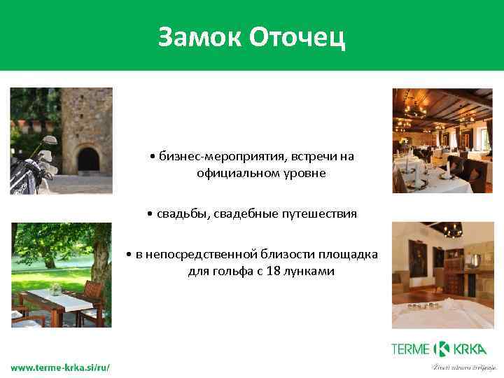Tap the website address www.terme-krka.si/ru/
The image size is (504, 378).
click(60, 367)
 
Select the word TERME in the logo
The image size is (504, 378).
click(411, 349)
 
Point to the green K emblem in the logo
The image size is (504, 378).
click(442, 349)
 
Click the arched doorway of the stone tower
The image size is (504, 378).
click(87, 159)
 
